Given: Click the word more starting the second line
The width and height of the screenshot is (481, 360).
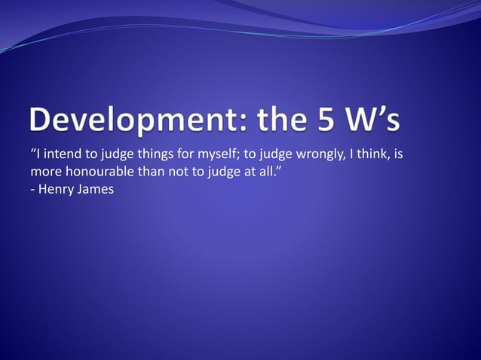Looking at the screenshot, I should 44,172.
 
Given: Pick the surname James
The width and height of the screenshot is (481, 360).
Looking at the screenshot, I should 96,189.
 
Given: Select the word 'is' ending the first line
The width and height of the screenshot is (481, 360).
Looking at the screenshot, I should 400,156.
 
